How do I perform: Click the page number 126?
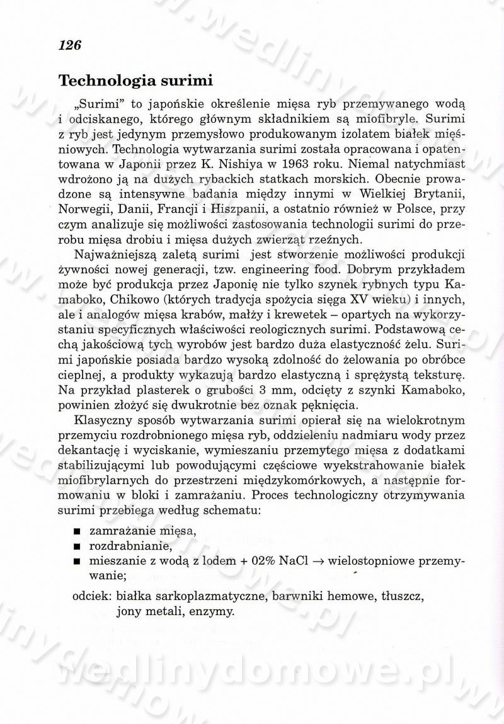[x=71, y=45]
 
